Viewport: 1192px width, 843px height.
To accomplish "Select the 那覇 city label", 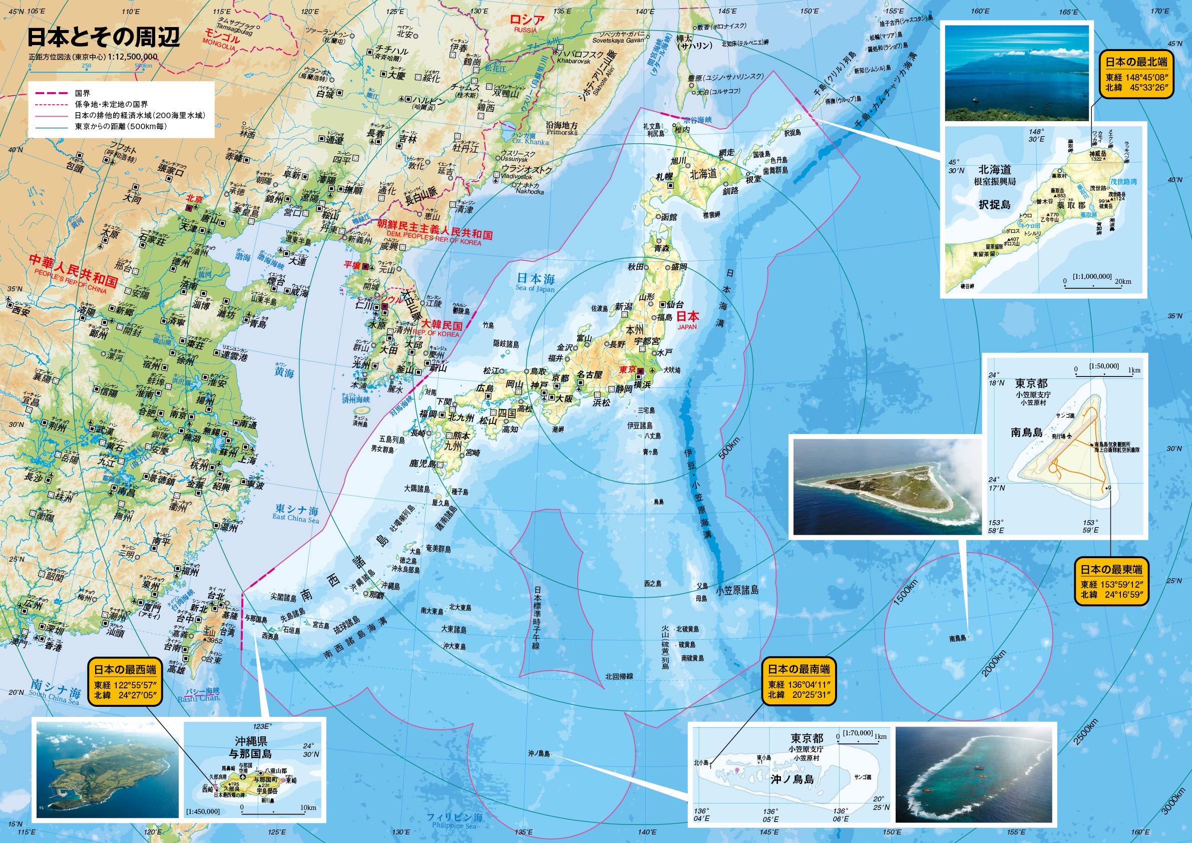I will (377, 595).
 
